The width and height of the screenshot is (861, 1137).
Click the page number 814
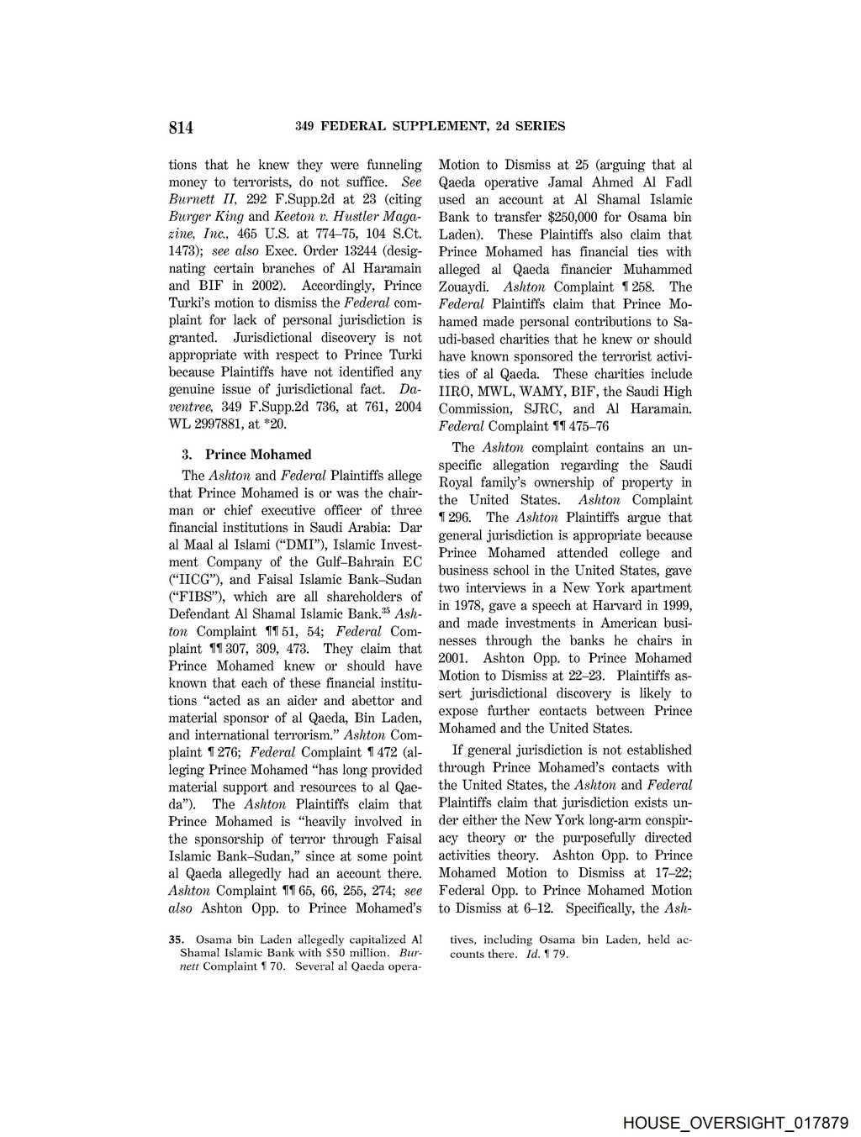click(x=181, y=127)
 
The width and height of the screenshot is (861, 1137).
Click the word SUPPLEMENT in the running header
click(x=437, y=126)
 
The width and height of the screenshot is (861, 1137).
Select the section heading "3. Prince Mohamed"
click(x=246, y=455)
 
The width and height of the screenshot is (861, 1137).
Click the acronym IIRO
click(x=456, y=392)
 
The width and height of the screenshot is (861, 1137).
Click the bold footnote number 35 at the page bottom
click(x=176, y=940)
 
